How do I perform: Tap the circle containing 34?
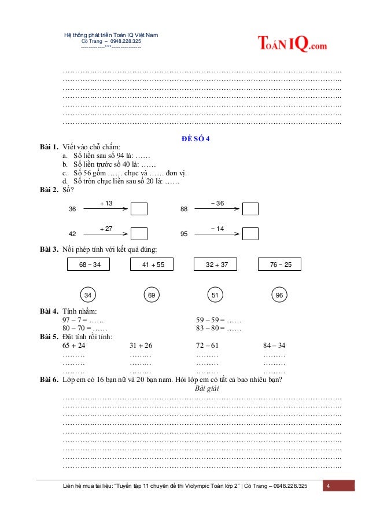[x=88, y=295]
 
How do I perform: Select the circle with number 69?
[x=152, y=295]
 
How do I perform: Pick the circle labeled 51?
[x=215, y=295]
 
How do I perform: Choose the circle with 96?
[x=279, y=295]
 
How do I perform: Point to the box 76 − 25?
[x=280, y=264]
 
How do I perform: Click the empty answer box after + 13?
[x=139, y=208]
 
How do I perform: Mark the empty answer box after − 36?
[x=250, y=208]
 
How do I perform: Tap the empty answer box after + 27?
[x=139, y=234]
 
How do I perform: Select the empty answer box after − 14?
[x=250, y=234]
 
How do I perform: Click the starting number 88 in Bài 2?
[x=184, y=209]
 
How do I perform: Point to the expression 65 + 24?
[x=73, y=345]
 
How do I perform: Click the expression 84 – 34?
[x=274, y=345]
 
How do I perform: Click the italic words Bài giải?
[x=202, y=388]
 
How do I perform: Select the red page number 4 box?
[x=338, y=486]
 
